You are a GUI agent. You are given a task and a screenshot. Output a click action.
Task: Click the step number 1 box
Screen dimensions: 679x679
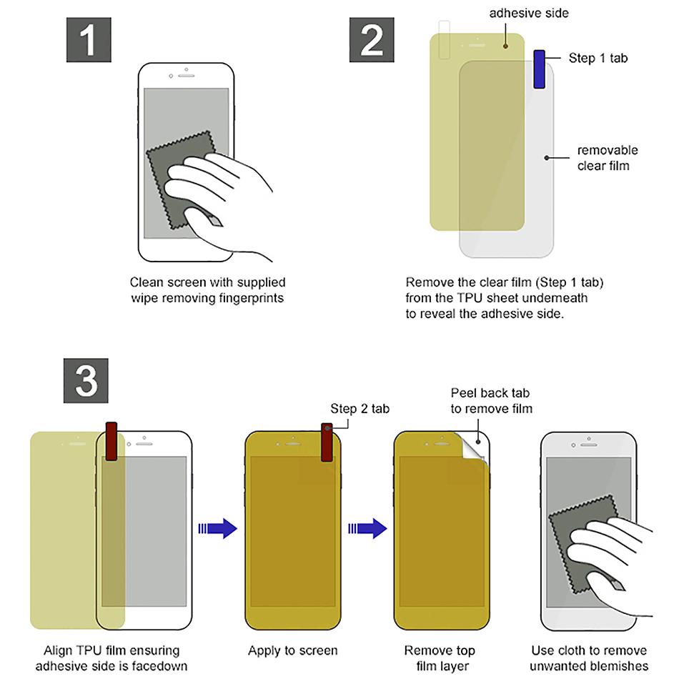[x=87, y=40]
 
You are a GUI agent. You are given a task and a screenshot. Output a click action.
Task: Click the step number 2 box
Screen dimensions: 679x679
[x=372, y=40]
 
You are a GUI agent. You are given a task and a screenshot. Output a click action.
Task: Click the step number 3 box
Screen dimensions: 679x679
[x=87, y=380]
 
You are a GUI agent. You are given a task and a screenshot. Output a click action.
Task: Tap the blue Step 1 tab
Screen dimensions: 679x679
[x=540, y=69]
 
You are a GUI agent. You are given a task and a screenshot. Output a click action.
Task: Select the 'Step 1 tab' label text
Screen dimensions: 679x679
[x=598, y=58]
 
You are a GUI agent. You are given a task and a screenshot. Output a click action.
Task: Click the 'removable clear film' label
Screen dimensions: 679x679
[x=607, y=157]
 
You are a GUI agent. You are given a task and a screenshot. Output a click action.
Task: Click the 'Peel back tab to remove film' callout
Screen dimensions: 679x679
[x=491, y=400]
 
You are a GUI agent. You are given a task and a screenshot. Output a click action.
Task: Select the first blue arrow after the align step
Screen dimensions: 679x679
[x=217, y=528]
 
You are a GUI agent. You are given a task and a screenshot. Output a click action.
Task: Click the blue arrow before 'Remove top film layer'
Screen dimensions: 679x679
[x=367, y=528]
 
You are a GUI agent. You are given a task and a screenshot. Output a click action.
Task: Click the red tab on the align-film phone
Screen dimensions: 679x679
[x=111, y=441]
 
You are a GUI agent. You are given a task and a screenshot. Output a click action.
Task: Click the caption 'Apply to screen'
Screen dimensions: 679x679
[x=292, y=650]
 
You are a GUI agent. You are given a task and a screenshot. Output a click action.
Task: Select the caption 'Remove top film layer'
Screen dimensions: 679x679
[x=440, y=658]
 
